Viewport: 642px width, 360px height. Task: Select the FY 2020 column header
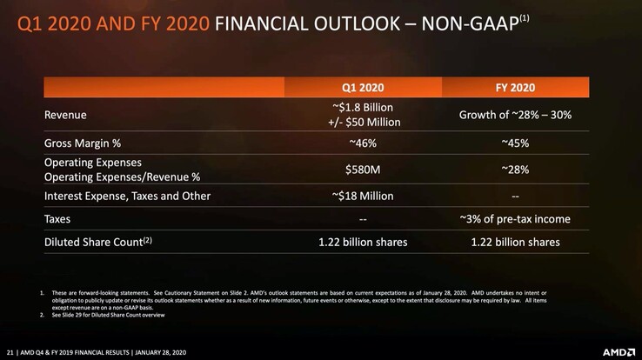coord(516,88)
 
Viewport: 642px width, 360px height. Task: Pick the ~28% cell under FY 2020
coord(516,170)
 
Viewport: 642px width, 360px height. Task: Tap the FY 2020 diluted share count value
coord(516,242)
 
